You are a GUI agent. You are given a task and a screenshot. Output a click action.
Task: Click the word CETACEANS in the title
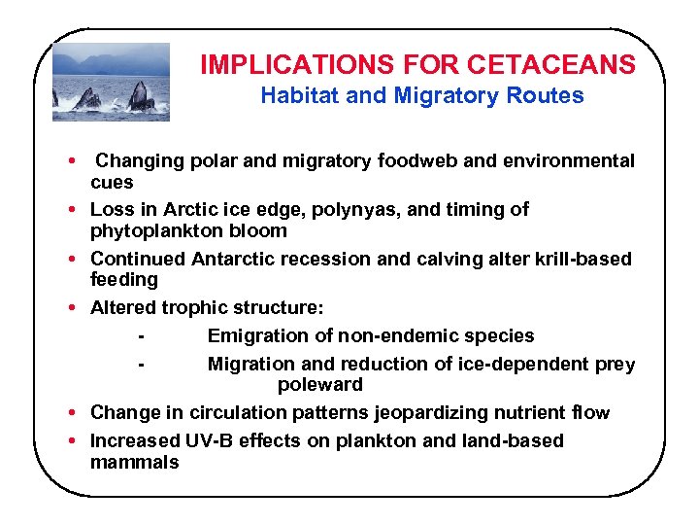tap(551, 65)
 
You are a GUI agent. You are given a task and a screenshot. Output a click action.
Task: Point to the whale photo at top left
tap(111, 82)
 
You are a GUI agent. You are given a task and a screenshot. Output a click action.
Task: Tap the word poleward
tap(319, 384)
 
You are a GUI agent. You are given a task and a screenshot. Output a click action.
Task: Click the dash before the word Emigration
tap(143, 335)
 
